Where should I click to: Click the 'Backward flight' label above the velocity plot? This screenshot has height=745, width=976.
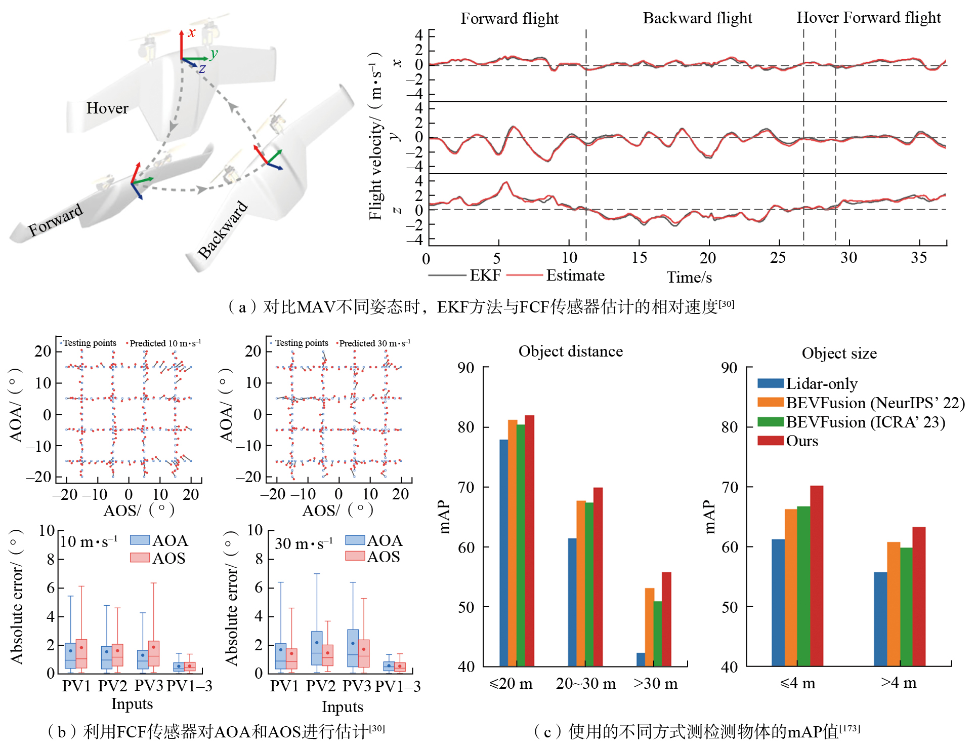click(x=697, y=18)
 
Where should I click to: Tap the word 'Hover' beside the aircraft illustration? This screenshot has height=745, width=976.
click(x=107, y=108)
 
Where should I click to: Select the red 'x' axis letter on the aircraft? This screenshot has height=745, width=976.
click(x=191, y=33)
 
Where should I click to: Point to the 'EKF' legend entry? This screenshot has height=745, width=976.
click(x=485, y=276)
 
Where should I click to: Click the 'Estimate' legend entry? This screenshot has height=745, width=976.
click(x=575, y=276)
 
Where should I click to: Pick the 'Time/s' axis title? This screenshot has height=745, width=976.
click(x=689, y=278)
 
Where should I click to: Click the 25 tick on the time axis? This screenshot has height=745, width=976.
click(x=778, y=258)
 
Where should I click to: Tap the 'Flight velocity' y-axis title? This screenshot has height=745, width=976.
click(x=375, y=137)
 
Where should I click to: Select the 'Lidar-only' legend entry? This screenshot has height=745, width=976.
click(x=821, y=384)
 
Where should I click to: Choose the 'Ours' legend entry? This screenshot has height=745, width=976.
click(x=801, y=441)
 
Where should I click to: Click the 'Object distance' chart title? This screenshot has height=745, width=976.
click(x=570, y=351)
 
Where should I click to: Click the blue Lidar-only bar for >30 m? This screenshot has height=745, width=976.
click(x=641, y=659)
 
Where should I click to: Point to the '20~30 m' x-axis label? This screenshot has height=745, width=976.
click(x=586, y=684)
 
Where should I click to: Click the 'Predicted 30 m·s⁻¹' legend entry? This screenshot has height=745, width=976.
click(x=374, y=343)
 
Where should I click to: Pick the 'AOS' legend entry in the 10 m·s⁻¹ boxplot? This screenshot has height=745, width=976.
click(x=168, y=559)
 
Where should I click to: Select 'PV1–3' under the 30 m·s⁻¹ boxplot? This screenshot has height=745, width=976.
click(x=398, y=686)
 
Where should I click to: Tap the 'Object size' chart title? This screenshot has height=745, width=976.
click(x=839, y=354)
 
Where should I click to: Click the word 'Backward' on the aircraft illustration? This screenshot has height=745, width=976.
click(x=223, y=230)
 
